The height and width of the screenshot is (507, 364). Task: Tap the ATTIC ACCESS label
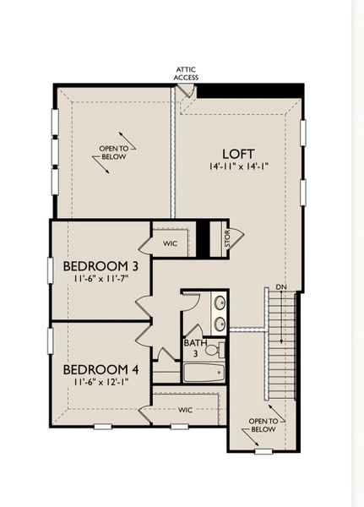click(x=186, y=74)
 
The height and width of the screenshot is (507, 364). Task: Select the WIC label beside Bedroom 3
click(x=171, y=243)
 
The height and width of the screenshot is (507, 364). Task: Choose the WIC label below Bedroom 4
click(x=186, y=410)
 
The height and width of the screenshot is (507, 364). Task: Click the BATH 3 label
click(x=193, y=348)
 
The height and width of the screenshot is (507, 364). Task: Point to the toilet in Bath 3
click(x=213, y=349)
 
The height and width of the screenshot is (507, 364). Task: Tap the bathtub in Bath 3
click(x=203, y=372)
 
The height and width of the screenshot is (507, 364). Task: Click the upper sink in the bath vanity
click(x=219, y=303)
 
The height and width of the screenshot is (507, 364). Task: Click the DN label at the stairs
click(x=280, y=287)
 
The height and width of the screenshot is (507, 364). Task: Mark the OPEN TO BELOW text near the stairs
click(x=263, y=424)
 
